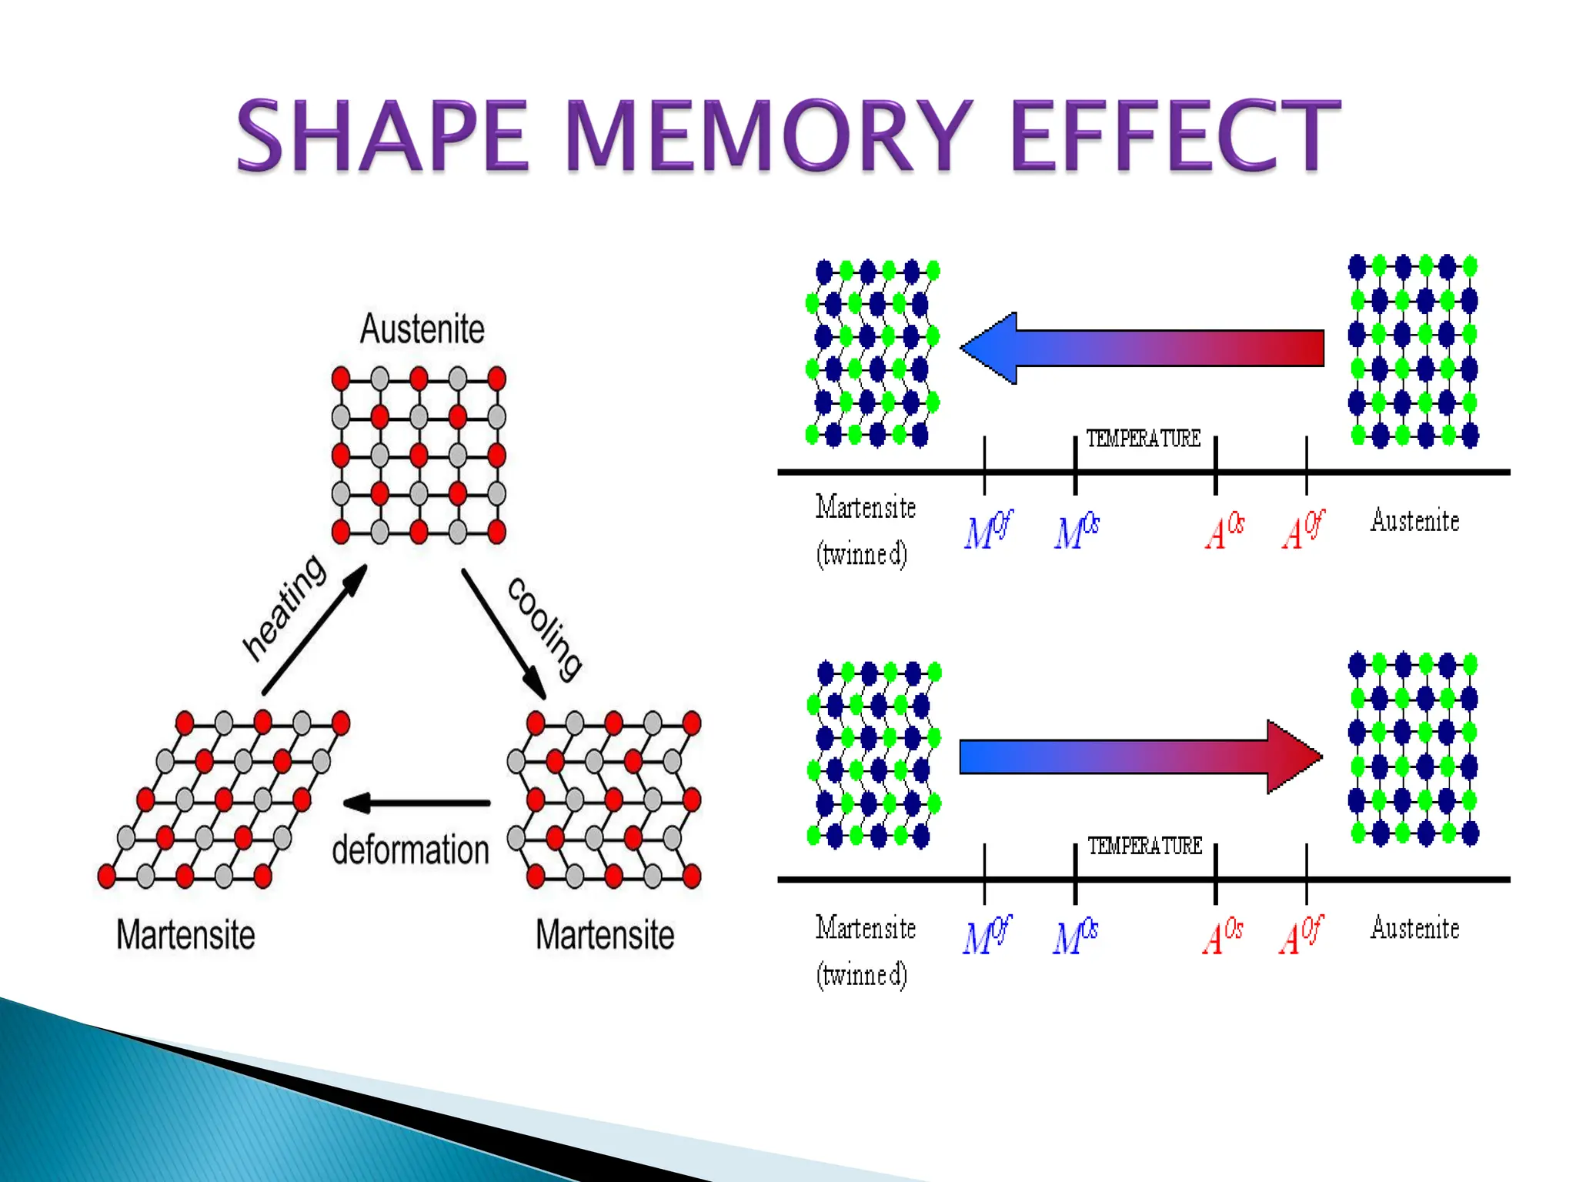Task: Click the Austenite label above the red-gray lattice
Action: coord(422,329)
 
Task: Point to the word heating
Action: coord(284,607)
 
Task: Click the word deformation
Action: coord(410,850)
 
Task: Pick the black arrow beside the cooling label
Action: coord(503,633)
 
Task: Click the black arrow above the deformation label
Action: coord(416,803)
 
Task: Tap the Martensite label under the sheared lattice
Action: coord(185,935)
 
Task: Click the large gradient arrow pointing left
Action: coord(1141,348)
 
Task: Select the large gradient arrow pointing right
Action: coord(1141,756)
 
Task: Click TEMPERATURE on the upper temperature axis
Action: coord(1144,439)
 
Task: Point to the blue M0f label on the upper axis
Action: coord(988,529)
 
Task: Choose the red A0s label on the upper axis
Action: coord(1224,531)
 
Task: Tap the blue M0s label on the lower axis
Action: coord(1076,937)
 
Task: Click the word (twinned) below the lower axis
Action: coord(862,975)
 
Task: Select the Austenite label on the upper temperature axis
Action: coord(1414,521)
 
